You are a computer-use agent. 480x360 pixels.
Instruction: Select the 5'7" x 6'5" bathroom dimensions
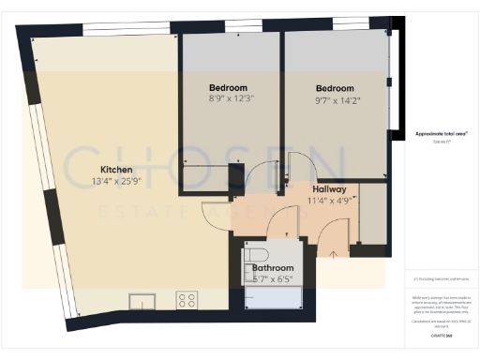click(x=274, y=279)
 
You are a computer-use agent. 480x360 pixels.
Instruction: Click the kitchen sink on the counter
click(x=142, y=301)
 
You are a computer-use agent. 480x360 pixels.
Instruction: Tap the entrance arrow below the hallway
click(x=333, y=251)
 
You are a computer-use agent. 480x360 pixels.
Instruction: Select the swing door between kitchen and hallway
click(x=217, y=218)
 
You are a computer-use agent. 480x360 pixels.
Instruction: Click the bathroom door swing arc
click(x=278, y=226)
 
